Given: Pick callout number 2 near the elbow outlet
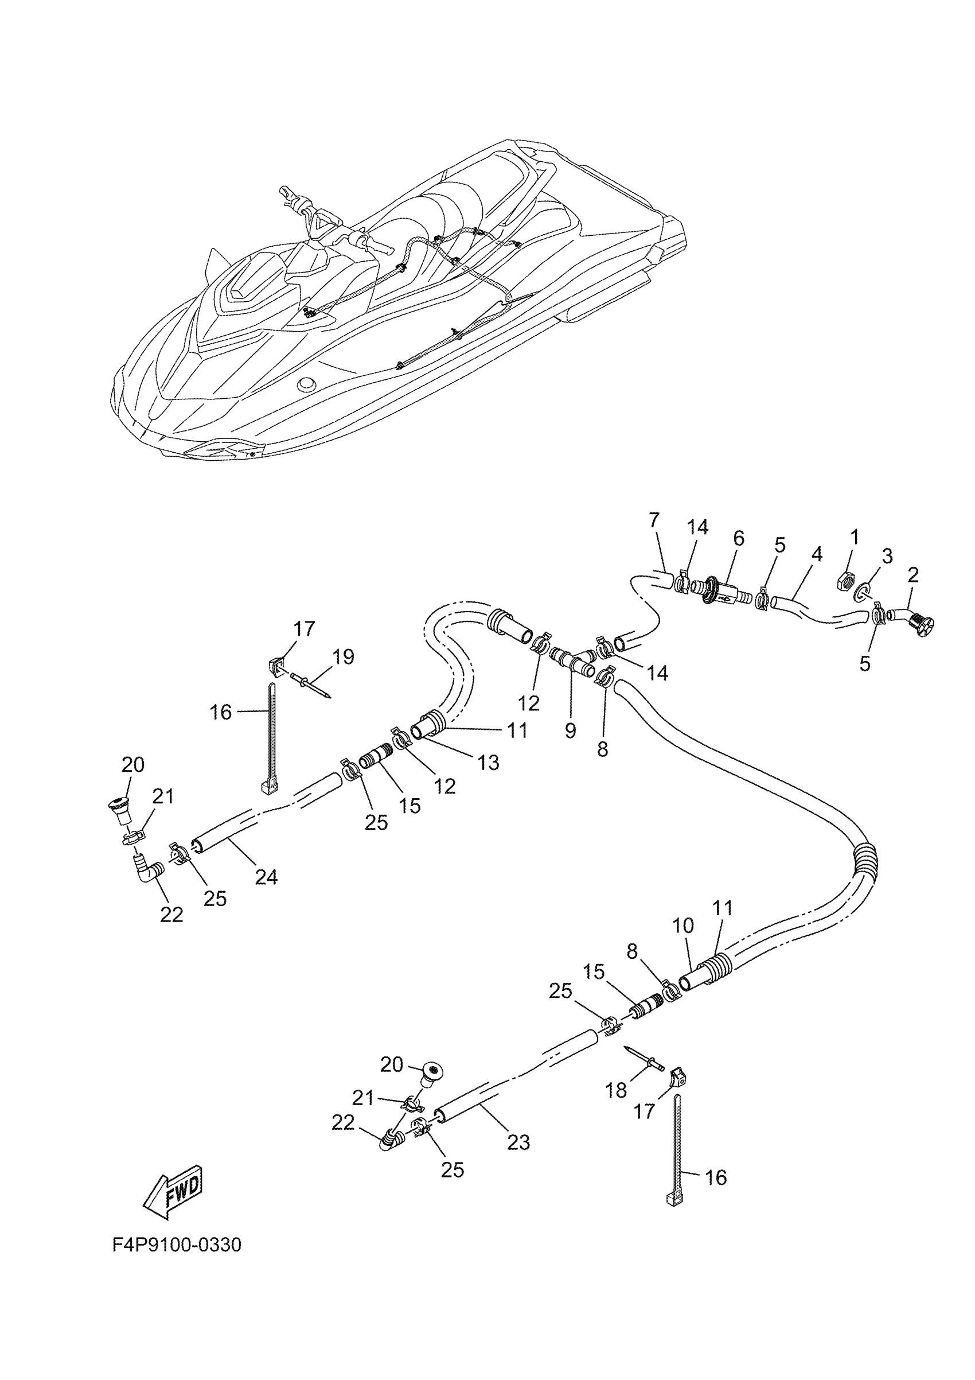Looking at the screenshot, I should point(913,575).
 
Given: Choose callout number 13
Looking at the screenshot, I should point(489,762).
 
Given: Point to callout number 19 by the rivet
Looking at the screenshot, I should point(344,657).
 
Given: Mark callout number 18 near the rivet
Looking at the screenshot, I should point(617,1090).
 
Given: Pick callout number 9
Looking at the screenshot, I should point(570,730).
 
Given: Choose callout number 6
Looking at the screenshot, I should point(738,539).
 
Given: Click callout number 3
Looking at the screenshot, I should point(887,555).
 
